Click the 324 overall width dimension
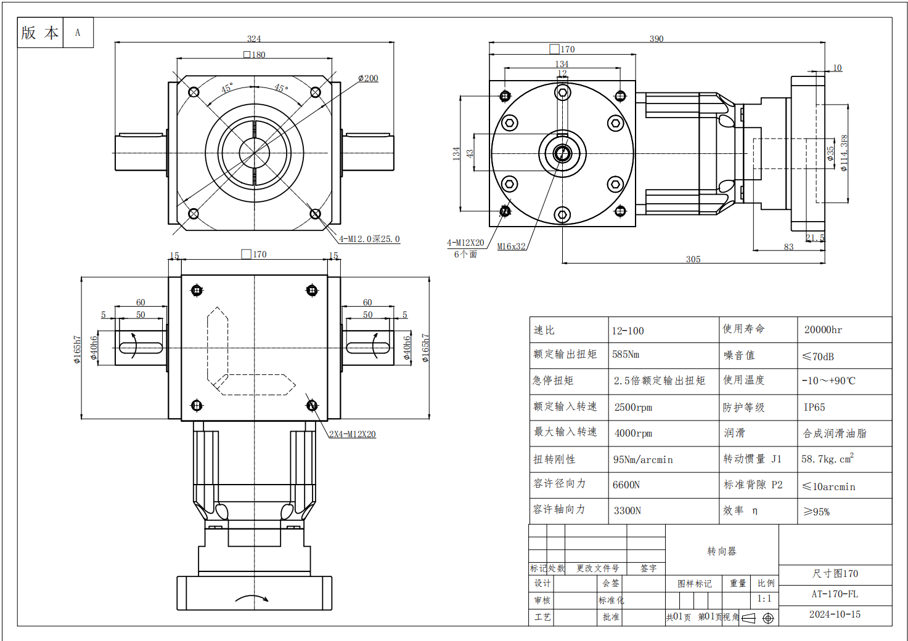(x=253, y=39)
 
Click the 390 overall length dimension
(x=656, y=39)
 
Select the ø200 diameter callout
(x=368, y=78)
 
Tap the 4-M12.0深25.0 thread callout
(x=369, y=239)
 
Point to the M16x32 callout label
(x=512, y=246)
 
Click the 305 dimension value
(x=693, y=259)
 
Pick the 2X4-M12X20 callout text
(x=352, y=434)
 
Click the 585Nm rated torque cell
(x=626, y=355)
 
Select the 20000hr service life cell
(x=823, y=330)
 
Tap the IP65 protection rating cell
(x=814, y=408)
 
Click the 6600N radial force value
(x=626, y=485)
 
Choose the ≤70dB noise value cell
(x=818, y=357)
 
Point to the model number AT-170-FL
(x=835, y=594)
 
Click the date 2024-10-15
(x=835, y=615)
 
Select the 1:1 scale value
(x=764, y=599)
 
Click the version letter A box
(x=78, y=33)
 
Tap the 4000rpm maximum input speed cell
(x=633, y=433)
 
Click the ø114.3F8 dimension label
(x=844, y=153)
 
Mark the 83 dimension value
(x=788, y=247)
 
